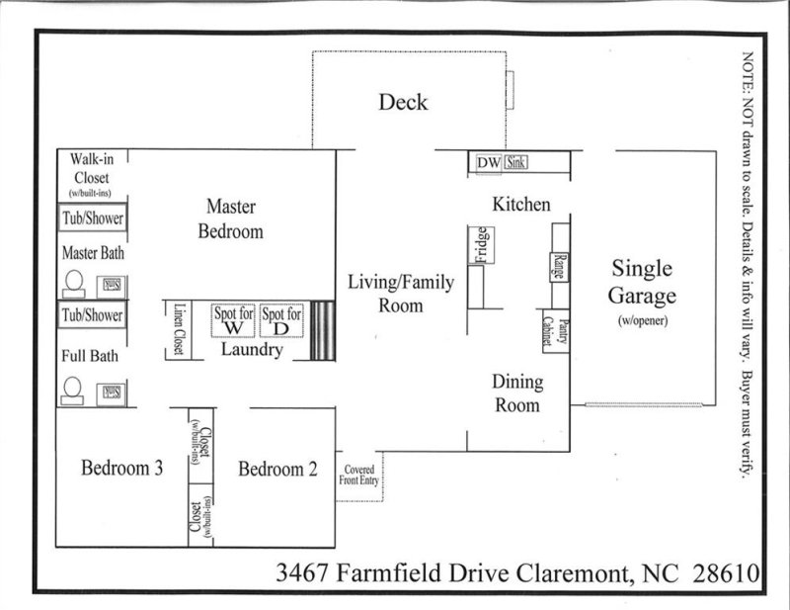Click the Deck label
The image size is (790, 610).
pyautogui.click(x=404, y=102)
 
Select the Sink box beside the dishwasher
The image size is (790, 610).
pyautogui.click(x=516, y=163)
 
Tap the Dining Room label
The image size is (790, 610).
pyautogui.click(x=516, y=393)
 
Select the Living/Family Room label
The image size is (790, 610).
pyautogui.click(x=401, y=294)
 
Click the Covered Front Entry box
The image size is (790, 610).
pyautogui.click(x=358, y=477)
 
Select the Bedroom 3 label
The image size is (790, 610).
pyautogui.click(x=121, y=469)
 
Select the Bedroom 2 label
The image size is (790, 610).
pyautogui.click(x=277, y=469)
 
